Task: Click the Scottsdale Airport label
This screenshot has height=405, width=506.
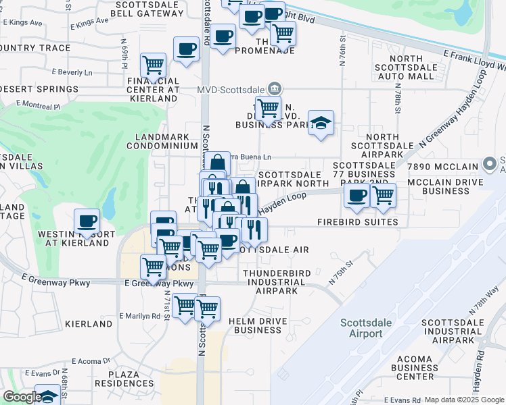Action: pyautogui.click(x=366, y=328)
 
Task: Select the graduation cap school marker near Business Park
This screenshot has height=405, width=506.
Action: pyautogui.click(x=321, y=123)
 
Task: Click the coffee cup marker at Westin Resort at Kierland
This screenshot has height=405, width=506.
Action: pyautogui.click(x=87, y=221)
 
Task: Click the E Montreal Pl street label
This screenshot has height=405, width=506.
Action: pyautogui.click(x=38, y=105)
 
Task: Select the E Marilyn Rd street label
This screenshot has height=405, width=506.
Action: pyautogui.click(x=140, y=315)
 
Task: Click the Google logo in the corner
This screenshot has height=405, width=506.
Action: pyautogui.click(x=22, y=398)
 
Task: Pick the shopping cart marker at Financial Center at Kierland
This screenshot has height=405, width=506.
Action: pyautogui.click(x=154, y=65)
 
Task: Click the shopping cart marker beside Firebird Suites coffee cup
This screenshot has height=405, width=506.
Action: pyautogui.click(x=383, y=195)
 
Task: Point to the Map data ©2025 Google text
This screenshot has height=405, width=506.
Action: pyautogui.click(x=464, y=400)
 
